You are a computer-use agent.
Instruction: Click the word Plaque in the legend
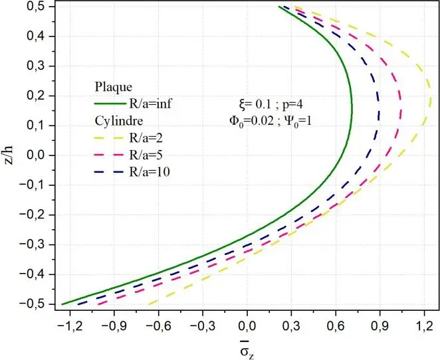[x=113, y=87]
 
